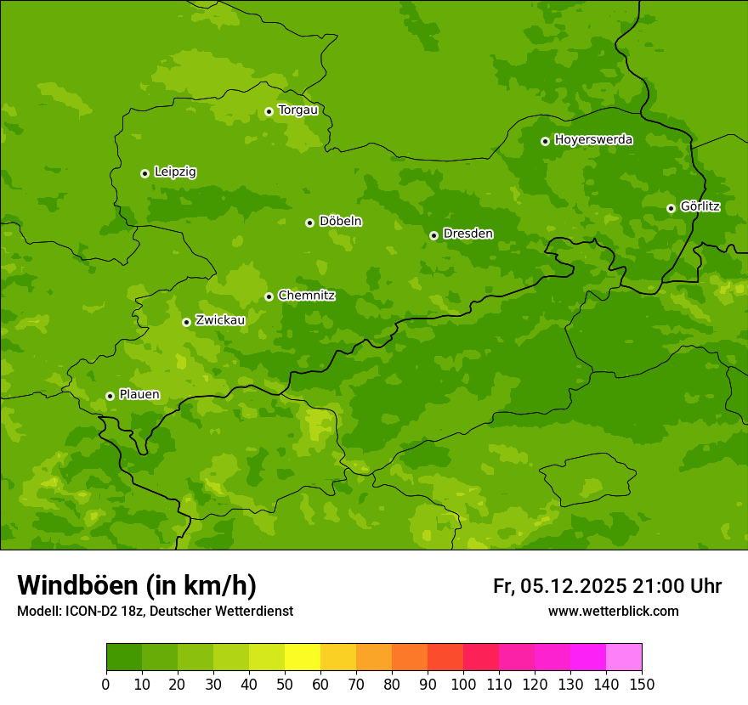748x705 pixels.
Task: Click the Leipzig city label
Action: (175, 172)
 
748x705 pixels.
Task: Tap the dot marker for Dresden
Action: (433, 235)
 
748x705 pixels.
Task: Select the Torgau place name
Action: (297, 110)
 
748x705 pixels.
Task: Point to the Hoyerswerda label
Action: (593, 140)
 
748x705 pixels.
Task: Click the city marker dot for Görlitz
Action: (671, 208)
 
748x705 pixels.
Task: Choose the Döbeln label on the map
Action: (340, 222)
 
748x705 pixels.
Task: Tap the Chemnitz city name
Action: (306, 296)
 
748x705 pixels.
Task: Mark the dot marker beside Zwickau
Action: (186, 322)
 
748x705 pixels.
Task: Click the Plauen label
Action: (139, 395)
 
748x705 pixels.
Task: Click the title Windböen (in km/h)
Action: (137, 586)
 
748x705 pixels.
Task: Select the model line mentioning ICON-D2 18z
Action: (155, 612)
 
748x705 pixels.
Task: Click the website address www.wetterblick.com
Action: (613, 612)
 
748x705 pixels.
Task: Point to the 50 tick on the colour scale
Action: (285, 684)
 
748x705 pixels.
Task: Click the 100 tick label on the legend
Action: (463, 684)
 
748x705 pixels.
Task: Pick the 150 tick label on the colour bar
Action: (642, 684)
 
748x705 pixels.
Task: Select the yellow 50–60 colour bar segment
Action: (303, 657)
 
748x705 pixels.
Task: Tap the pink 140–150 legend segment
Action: (624, 657)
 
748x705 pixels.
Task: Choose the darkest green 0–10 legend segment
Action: (124, 657)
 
